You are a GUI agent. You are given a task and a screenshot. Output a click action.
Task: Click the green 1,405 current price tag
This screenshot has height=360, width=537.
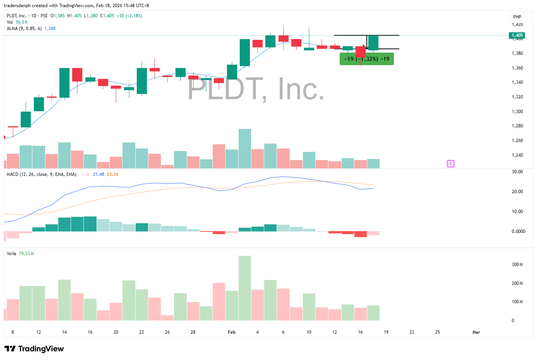tap(517, 35)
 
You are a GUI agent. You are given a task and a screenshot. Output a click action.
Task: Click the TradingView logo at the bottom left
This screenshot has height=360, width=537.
tap(34, 349)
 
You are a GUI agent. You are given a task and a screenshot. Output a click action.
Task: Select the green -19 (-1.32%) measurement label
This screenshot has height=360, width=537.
tap(367, 59)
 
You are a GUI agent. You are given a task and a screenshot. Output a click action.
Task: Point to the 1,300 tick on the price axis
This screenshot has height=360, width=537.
tap(517, 112)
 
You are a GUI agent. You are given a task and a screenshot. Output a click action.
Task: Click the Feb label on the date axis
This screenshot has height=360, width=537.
tap(231, 332)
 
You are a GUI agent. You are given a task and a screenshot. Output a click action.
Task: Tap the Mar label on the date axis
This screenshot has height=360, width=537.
tap(476, 332)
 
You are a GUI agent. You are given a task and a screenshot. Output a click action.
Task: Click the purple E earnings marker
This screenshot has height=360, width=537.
tap(450, 163)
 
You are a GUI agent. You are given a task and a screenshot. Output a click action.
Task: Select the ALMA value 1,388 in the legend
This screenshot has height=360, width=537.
tap(50, 29)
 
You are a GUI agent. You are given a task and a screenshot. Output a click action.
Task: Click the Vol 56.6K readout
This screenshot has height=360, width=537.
tap(17, 22)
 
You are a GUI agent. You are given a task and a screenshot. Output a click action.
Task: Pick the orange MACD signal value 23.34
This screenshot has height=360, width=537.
tap(112, 174)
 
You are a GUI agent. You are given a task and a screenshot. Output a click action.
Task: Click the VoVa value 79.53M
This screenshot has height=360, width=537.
tap(26, 254)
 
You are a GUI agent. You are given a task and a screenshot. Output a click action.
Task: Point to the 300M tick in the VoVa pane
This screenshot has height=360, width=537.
tap(517, 265)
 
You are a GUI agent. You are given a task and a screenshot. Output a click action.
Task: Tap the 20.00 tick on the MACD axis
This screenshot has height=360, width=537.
tap(517, 192)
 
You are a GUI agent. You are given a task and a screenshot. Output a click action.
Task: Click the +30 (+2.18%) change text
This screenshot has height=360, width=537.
tap(129, 16)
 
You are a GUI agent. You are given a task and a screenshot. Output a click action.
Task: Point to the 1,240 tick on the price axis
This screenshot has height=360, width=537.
tap(517, 155)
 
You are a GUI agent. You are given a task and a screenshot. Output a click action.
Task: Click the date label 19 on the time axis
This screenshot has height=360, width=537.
tap(386, 332)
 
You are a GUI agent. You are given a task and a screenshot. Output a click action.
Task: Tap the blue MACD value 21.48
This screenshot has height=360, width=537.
tap(98, 174)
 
